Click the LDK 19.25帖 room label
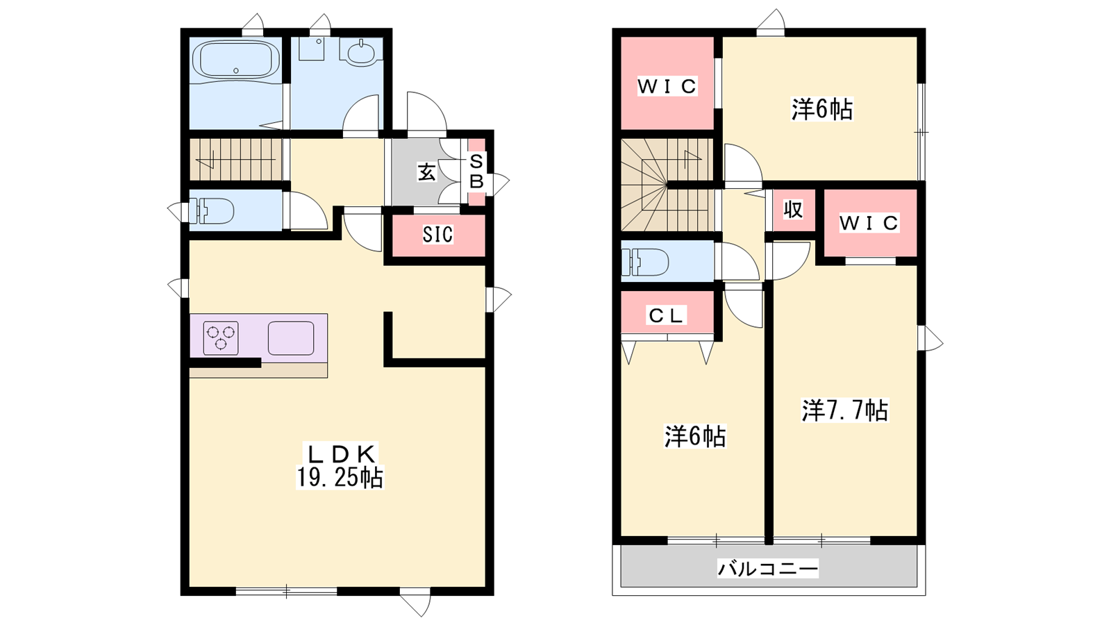click(340, 466)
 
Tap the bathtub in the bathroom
click(236, 60)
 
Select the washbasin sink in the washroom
click(360, 53)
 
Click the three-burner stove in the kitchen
click(221, 337)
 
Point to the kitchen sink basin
click(291, 337)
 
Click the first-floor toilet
click(212, 211)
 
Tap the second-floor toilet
click(644, 261)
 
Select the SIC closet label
click(437, 235)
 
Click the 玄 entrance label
click(426, 172)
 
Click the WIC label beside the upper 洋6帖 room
click(667, 86)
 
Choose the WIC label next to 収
click(869, 223)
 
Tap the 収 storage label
click(794, 210)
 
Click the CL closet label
click(667, 315)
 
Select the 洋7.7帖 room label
click(844, 410)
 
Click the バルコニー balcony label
click(768, 569)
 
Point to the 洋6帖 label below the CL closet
click(695, 437)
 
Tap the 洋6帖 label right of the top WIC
click(822, 110)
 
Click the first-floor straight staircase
click(236, 159)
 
